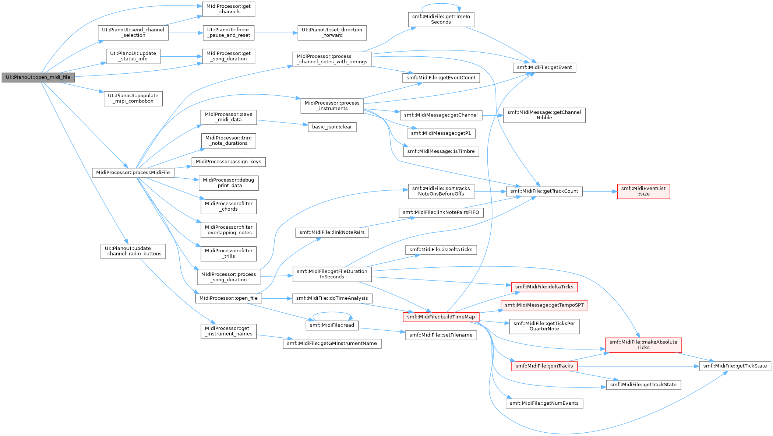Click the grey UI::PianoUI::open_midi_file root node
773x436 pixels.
(38, 77)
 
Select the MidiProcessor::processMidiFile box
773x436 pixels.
(133, 172)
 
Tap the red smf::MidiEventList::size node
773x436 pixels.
(643, 191)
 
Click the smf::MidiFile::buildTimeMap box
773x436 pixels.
(441, 317)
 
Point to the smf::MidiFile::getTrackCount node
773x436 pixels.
(544, 191)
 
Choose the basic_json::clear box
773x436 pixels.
(332, 127)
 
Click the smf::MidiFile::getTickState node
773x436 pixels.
(735, 366)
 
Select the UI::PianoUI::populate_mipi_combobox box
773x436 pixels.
(133, 98)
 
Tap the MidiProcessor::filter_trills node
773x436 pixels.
(229, 253)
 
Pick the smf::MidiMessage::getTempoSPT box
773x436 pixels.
(544, 305)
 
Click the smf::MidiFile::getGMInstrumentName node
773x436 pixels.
(332, 344)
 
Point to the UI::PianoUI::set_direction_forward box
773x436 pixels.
(332, 32)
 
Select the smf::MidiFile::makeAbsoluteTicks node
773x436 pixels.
(643, 345)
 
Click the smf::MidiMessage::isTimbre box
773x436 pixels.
(441, 151)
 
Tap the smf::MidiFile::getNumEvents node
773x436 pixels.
(544, 403)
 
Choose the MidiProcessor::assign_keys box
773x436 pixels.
(229, 162)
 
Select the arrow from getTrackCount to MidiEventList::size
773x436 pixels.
(600, 191)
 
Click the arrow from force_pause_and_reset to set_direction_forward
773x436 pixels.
(276, 33)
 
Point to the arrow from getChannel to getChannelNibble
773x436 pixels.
(493, 115)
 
